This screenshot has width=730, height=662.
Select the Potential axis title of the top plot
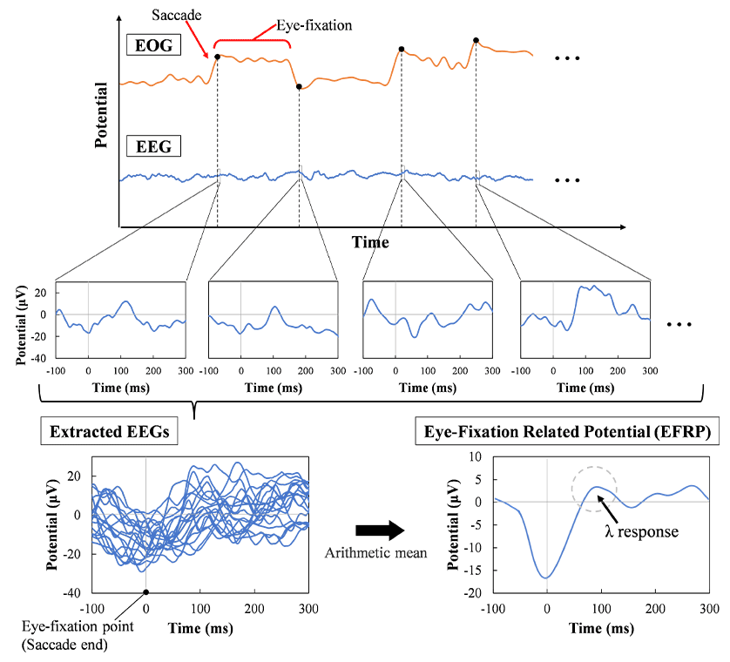[102, 114]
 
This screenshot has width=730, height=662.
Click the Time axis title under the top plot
[370, 242]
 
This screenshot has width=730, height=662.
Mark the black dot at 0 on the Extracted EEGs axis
[145, 591]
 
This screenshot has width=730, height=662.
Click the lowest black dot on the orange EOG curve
[299, 87]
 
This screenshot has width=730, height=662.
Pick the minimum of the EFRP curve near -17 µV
[546, 578]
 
